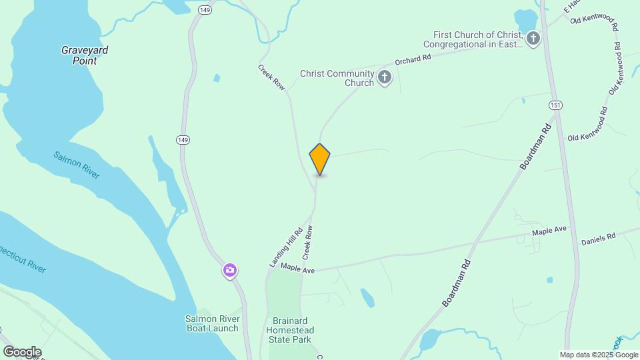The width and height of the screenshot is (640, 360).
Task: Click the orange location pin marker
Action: [320, 159]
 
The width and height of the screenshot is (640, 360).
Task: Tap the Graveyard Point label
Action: [85, 55]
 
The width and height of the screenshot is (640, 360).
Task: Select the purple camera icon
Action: [230, 270]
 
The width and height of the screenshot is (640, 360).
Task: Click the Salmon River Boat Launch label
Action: [211, 323]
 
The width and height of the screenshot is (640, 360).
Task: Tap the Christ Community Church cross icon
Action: [385, 78]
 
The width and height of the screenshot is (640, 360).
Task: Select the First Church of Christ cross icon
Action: [533, 39]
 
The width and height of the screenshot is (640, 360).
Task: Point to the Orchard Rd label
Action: [413, 59]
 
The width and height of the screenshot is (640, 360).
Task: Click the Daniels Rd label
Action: [598, 238]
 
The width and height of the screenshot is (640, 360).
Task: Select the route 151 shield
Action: [555, 105]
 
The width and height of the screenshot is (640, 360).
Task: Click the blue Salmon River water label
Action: [77, 165]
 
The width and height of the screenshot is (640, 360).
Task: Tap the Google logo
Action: [22, 352]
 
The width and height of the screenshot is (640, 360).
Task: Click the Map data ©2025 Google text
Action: [598, 355]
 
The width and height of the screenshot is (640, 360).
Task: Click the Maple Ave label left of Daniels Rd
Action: [549, 230]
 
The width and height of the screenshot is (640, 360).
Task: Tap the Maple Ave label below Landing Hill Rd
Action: [297, 267]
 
